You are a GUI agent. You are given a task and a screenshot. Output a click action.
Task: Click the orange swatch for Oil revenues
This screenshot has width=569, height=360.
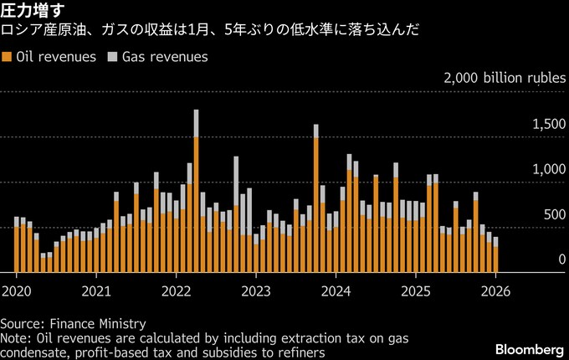click(x=7, y=57)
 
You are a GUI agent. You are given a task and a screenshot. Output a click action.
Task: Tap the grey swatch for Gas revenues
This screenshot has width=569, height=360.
click(x=112, y=57)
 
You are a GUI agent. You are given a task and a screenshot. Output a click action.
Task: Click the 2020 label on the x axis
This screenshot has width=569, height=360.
click(x=17, y=291)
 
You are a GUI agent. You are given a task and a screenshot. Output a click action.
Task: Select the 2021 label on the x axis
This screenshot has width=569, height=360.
click(x=96, y=291)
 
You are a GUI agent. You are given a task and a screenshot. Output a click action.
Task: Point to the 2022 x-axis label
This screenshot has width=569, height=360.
click(x=176, y=291)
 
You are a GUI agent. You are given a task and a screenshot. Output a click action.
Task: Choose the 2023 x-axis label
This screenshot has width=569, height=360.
click(x=255, y=291)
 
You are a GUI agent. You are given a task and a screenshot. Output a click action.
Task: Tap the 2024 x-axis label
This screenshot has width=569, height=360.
click(x=335, y=291)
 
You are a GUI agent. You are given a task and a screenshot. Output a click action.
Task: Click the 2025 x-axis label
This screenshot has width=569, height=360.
click(x=415, y=291)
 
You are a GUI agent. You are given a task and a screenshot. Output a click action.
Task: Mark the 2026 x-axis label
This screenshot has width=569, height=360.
click(x=495, y=291)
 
